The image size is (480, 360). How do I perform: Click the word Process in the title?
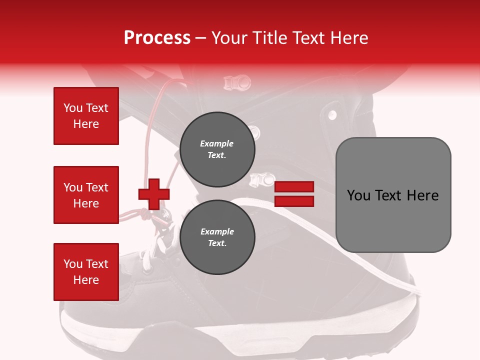click(157, 38)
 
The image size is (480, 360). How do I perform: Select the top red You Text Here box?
click(86, 116)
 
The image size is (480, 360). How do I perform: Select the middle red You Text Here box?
click(86, 195)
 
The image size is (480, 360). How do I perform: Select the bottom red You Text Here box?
click(86, 272)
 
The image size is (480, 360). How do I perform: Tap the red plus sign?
click(154, 194)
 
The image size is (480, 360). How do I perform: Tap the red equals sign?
click(294, 194)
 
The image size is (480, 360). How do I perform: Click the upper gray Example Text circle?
click(217, 149)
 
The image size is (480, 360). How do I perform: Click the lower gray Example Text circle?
click(217, 237)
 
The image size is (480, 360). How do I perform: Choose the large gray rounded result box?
click(393, 195)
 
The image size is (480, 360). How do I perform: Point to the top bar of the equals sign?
click(294, 187)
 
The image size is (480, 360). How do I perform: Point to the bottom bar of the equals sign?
click(294, 201)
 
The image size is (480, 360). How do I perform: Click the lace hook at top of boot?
click(236, 81)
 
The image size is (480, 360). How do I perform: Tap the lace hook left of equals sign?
click(262, 178)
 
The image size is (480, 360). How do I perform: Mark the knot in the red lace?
click(145, 213)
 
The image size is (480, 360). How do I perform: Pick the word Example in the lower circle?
click(217, 231)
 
